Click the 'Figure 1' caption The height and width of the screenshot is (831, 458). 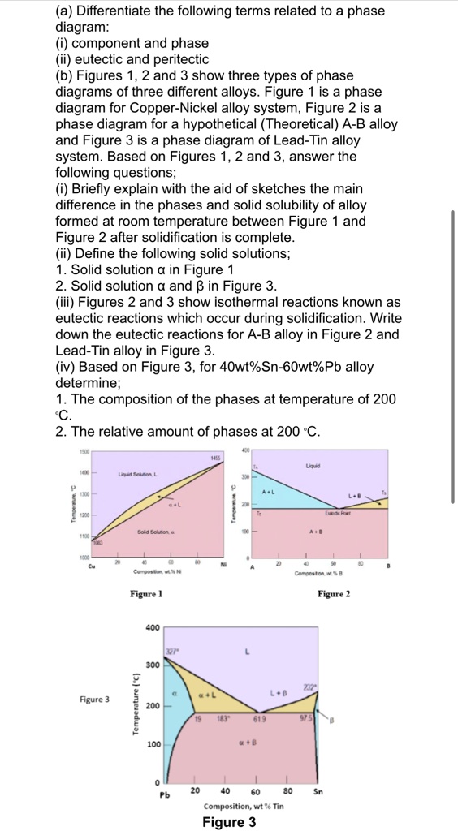pyautogui.click(x=146, y=594)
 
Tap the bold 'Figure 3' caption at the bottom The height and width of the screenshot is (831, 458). pyautogui.click(x=228, y=822)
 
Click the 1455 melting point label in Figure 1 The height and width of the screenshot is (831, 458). pyautogui.click(x=215, y=459)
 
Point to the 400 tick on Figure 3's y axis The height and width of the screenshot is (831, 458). pyautogui.click(x=152, y=628)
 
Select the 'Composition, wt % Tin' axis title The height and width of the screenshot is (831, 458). pyautogui.click(x=244, y=807)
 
